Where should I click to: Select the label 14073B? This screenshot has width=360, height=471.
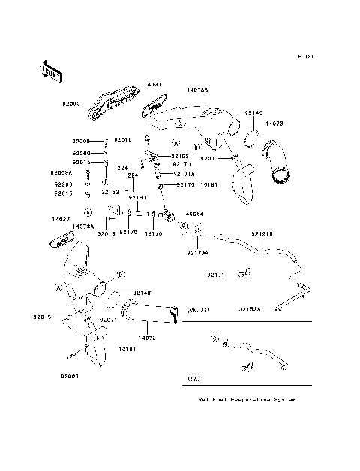[x=197, y=88]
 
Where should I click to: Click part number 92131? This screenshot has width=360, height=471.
[x=135, y=197]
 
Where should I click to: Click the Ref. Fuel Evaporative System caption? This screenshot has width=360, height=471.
[x=247, y=400]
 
